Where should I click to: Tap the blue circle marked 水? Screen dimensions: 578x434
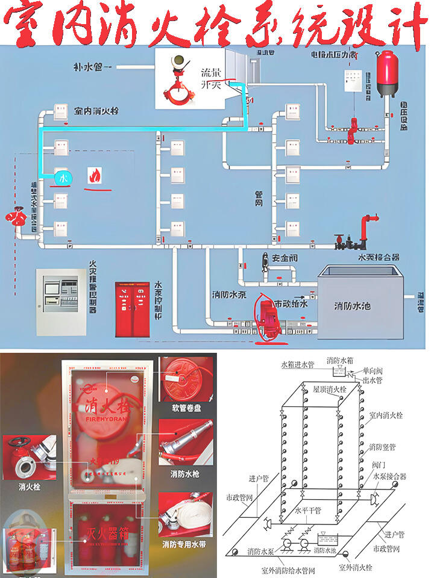(x=63, y=178)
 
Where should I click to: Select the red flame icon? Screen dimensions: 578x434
(x=95, y=175)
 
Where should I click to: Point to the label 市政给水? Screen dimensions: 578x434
(x=291, y=304)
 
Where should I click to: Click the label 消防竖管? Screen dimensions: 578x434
(x=382, y=447)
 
